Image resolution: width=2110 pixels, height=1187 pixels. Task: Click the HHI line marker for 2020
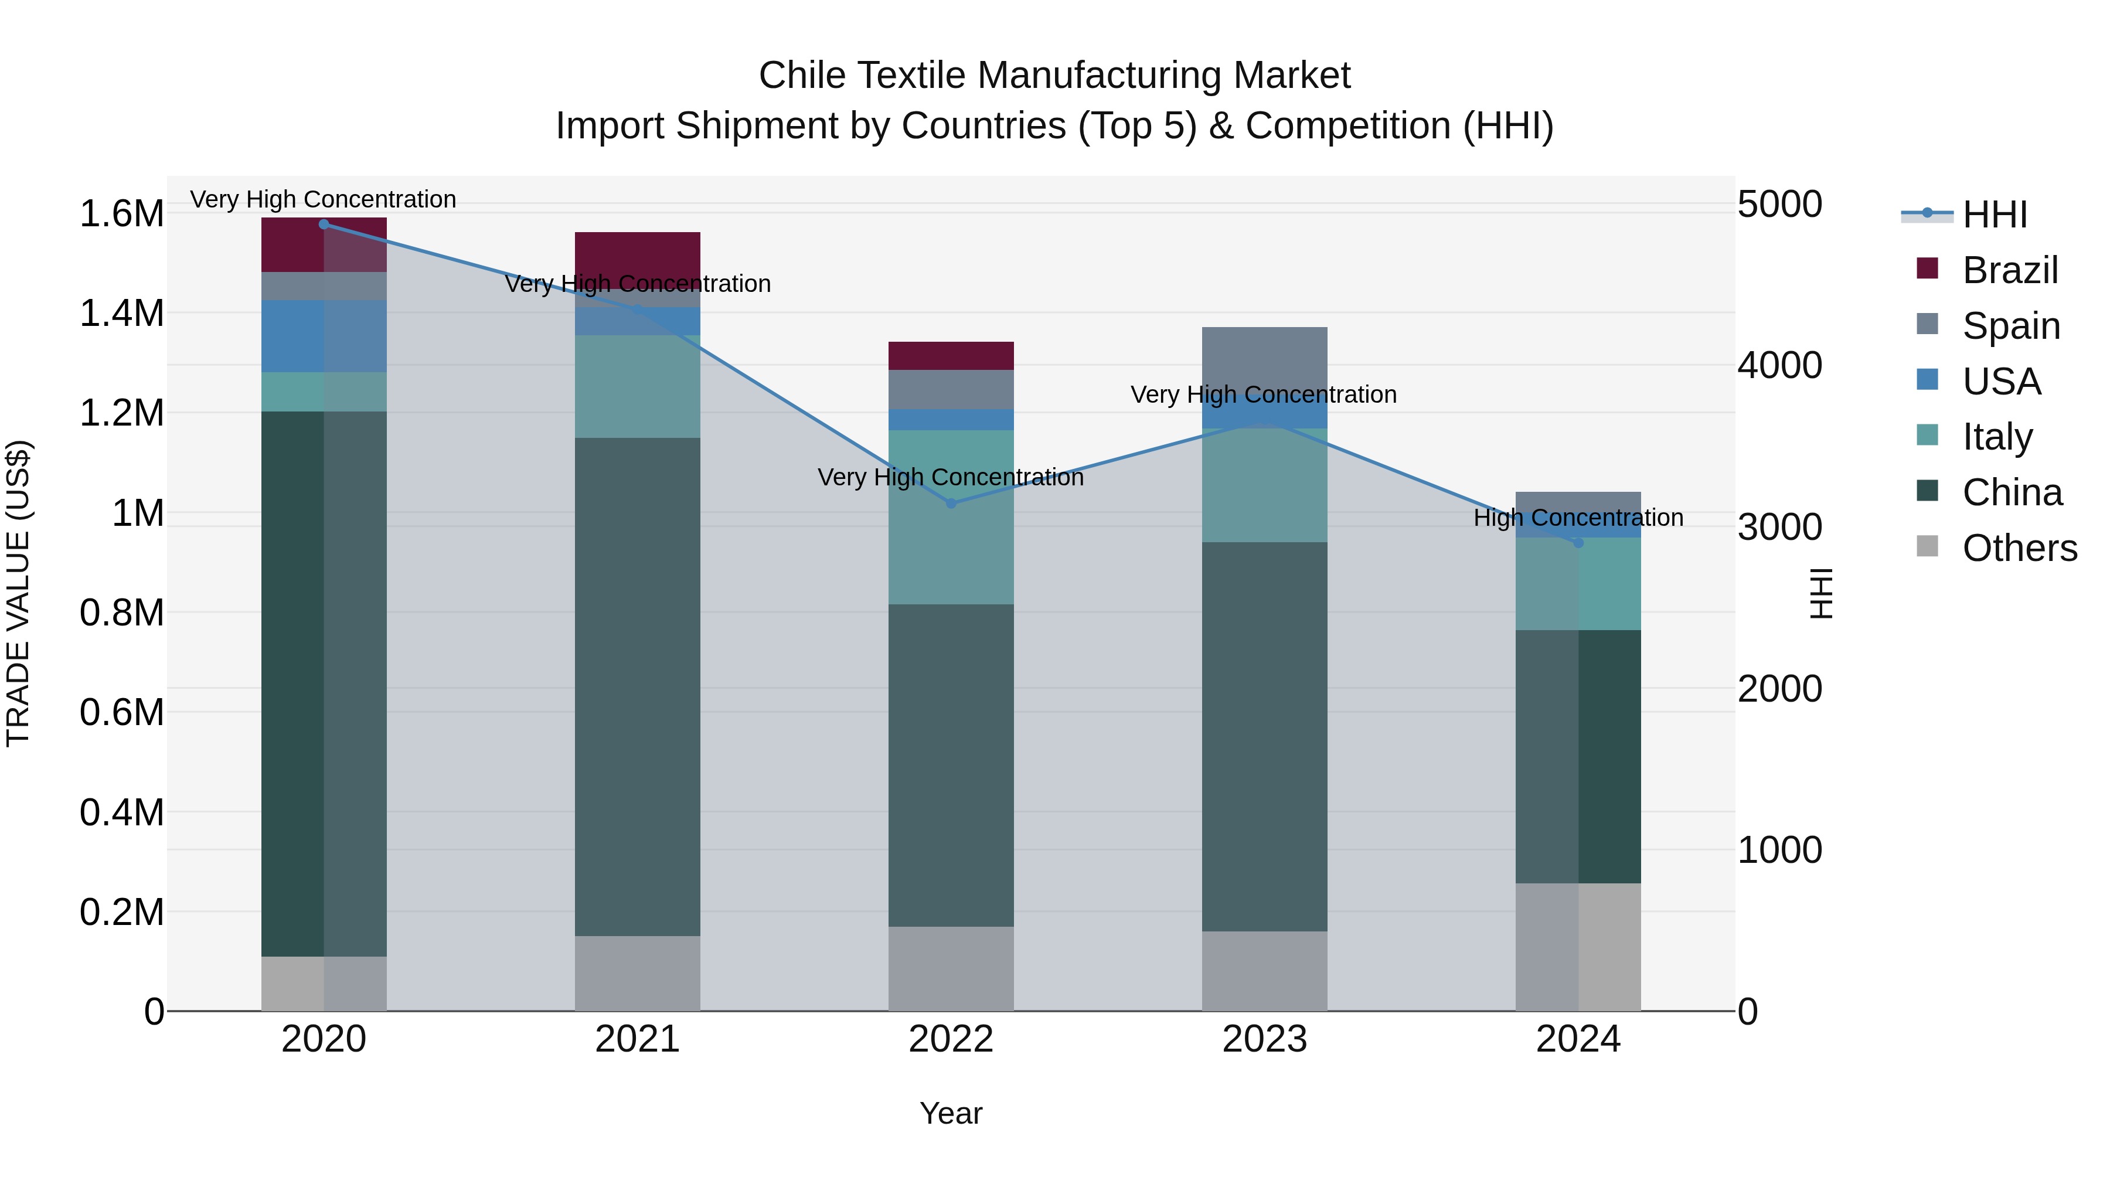coord(324,224)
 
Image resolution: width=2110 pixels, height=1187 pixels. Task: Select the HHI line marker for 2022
coord(951,503)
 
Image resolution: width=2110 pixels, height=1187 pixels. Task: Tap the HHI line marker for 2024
coord(1578,542)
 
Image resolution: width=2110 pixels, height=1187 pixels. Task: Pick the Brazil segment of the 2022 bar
coord(951,356)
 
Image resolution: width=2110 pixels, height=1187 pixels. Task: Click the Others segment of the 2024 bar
coord(1578,946)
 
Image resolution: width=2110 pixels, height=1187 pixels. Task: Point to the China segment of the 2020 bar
coord(324,683)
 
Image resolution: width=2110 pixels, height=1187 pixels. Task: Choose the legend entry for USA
coord(2001,382)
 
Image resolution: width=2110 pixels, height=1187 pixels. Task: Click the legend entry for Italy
coord(1997,437)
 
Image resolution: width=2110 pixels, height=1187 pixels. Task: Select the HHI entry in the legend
coord(1995,215)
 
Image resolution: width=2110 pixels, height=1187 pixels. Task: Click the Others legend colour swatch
coord(1927,546)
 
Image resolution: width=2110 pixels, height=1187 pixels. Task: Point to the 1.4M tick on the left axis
coord(121,314)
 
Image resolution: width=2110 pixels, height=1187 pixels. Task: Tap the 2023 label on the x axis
coord(1265,1039)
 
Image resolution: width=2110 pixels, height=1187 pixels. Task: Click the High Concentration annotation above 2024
coord(1578,518)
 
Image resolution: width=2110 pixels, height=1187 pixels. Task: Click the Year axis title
coord(951,1113)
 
